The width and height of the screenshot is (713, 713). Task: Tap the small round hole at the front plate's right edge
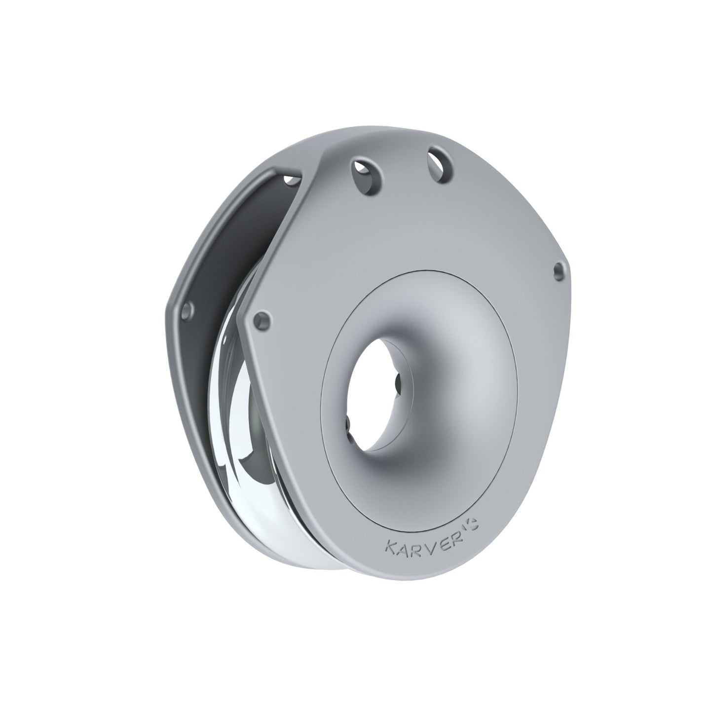click(x=558, y=268)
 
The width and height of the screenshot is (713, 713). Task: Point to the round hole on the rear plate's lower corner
click(x=187, y=311)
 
